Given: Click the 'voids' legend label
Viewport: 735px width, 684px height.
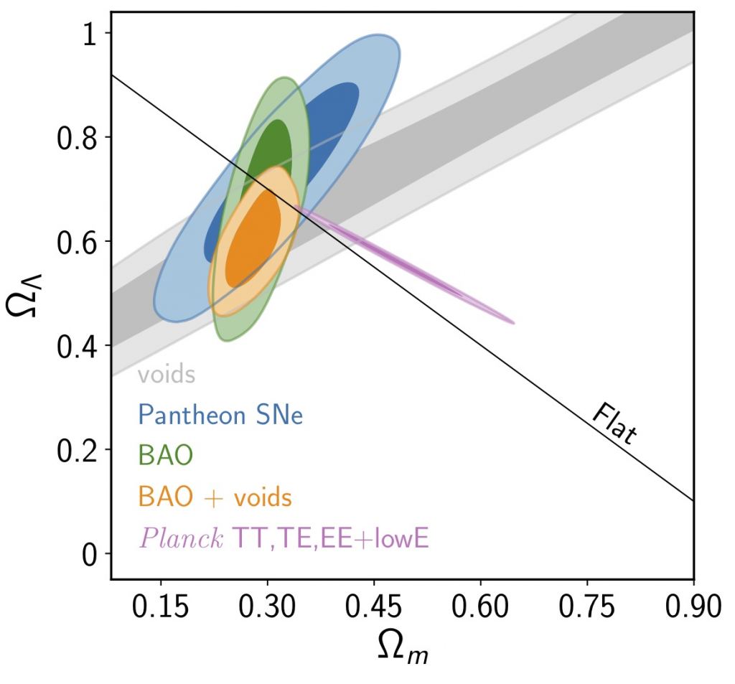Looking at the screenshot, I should tap(167, 374).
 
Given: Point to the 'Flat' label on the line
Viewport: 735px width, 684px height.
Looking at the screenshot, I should tap(615, 424).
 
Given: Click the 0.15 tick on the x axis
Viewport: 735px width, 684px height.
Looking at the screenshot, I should tap(160, 608).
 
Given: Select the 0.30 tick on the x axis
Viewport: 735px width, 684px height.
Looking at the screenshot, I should tap(267, 608).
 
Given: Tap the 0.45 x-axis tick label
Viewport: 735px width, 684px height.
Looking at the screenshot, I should tap(373, 608).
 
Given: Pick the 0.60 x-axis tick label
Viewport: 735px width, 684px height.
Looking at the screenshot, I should tap(480, 608).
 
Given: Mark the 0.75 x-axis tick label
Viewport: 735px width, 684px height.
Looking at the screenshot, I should tap(586, 608).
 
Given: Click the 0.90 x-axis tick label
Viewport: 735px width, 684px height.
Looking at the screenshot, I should tap(690, 608).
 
